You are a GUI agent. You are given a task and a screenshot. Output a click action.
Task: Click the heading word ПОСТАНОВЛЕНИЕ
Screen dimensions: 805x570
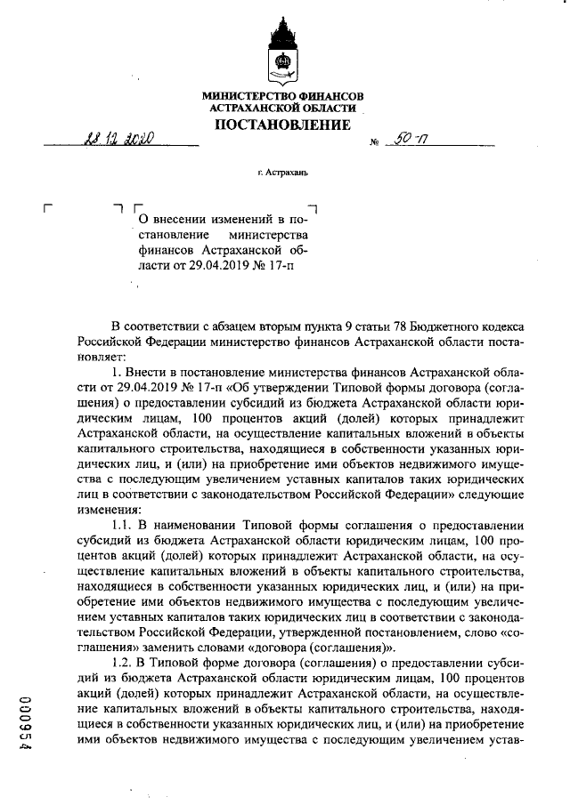(282, 125)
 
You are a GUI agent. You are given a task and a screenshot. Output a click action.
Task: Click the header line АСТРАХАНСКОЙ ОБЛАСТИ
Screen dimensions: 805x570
(282, 108)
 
